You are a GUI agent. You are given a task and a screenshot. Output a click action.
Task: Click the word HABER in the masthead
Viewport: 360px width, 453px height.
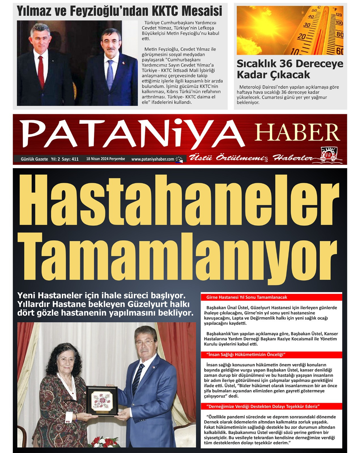click(x=297, y=132)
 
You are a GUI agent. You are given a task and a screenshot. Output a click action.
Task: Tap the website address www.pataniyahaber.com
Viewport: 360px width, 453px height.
click(x=152, y=159)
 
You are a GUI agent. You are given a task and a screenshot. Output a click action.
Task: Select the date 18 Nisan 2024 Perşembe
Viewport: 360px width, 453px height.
click(x=105, y=159)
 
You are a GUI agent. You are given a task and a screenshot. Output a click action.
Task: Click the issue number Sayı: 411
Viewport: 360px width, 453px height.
click(x=70, y=159)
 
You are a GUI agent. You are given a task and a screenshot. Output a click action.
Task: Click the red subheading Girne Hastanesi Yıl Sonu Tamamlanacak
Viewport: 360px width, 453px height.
click(x=246, y=297)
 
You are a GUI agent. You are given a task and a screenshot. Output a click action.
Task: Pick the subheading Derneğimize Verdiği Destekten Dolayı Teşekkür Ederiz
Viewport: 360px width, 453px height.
click(x=264, y=406)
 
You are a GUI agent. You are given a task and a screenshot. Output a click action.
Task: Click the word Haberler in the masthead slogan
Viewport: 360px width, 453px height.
click(x=293, y=158)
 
